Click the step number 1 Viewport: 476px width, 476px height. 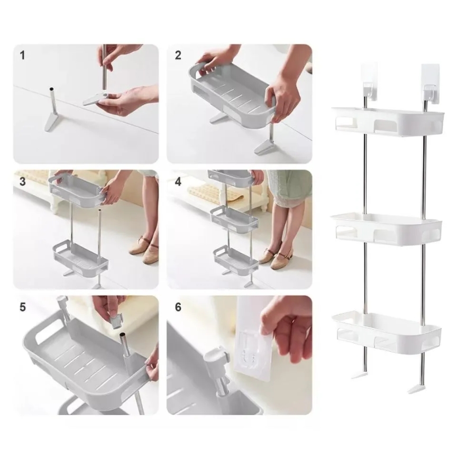coord(22,56)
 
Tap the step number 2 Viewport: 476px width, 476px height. coord(178,55)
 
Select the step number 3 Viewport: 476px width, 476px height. coord(22,181)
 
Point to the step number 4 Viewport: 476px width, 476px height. coord(178,181)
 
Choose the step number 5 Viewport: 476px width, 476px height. coord(22,307)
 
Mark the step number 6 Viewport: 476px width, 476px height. coord(178,307)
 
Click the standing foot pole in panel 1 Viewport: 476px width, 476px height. coord(52,109)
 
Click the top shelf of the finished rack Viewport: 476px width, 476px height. coord(388,122)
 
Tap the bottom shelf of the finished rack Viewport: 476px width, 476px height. coord(386,333)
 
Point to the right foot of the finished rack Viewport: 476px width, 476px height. coord(416,389)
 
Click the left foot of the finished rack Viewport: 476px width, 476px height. coord(360,375)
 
